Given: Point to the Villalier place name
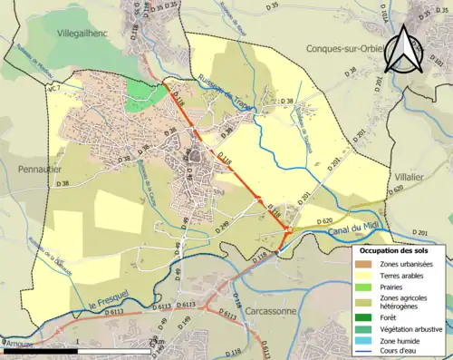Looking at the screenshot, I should tap(410, 179).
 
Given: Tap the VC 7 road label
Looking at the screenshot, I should tap(53, 88).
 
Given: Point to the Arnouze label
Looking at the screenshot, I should tap(18, 344).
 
